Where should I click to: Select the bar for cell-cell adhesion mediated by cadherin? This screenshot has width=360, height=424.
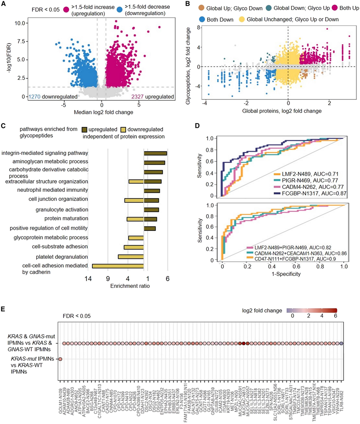pos(118,266)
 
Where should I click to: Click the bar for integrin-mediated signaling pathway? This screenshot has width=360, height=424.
pos(155,154)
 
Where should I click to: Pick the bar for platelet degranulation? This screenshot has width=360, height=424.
pos(131,256)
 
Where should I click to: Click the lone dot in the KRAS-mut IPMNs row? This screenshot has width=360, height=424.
pos(60,359)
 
